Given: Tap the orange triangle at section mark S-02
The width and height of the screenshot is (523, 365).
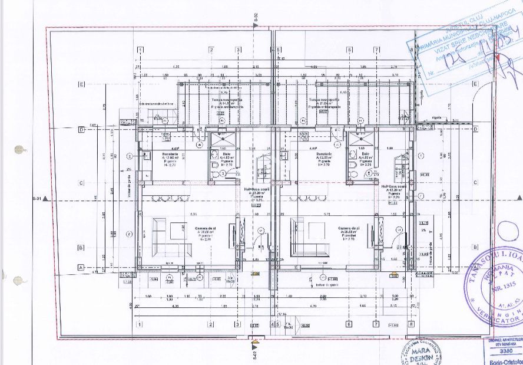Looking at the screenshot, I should click(x=254, y=340).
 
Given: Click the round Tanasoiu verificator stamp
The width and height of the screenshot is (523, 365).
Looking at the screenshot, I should click(x=500, y=288).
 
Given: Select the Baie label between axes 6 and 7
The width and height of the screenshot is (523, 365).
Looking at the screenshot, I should click(x=360, y=154).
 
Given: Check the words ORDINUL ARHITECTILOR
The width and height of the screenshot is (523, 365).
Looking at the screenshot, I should click(x=505, y=341).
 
